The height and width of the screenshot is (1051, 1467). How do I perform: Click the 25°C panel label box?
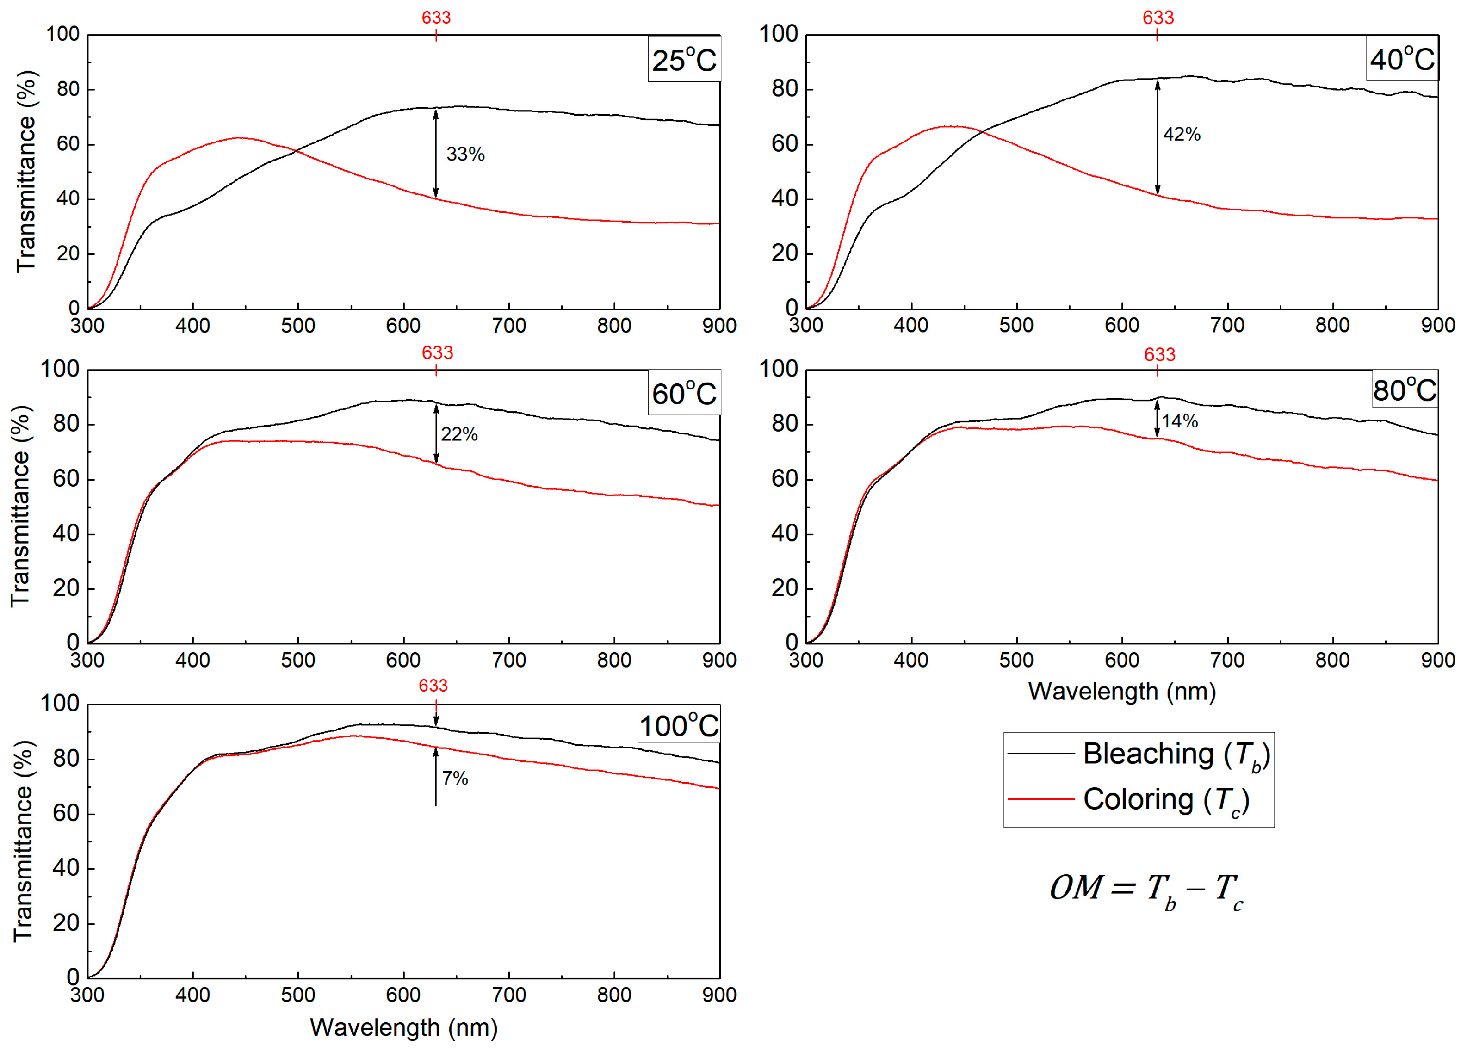(x=684, y=60)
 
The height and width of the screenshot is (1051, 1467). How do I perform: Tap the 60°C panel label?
(x=684, y=393)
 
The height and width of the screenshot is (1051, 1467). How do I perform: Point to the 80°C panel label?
(x=1404, y=390)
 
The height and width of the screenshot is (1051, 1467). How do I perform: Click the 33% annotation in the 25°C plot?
(x=465, y=154)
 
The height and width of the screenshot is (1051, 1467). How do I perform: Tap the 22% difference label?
(x=459, y=434)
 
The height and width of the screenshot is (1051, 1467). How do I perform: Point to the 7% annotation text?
(x=455, y=778)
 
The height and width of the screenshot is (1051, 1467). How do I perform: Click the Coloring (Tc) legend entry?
(x=1129, y=799)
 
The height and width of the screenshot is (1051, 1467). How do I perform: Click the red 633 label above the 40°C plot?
(x=1158, y=18)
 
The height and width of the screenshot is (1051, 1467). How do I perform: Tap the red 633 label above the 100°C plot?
(x=433, y=686)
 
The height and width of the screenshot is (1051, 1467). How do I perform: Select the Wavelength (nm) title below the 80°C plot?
(x=1121, y=692)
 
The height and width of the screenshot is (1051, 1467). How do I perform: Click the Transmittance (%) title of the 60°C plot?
(x=21, y=506)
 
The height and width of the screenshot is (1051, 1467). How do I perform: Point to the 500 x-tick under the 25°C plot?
(x=298, y=325)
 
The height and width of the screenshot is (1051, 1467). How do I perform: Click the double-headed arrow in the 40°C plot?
(x=1157, y=137)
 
